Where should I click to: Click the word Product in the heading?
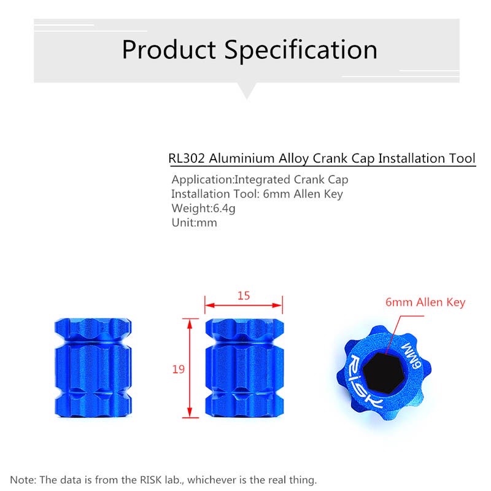(x=169, y=50)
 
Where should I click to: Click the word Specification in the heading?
(x=301, y=50)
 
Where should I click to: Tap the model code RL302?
(x=187, y=158)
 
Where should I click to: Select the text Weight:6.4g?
(x=203, y=208)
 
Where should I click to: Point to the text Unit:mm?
(x=194, y=223)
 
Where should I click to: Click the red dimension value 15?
(x=244, y=296)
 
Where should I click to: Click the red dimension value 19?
(x=179, y=369)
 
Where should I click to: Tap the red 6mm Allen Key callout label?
(x=425, y=302)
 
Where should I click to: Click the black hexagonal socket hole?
(x=384, y=373)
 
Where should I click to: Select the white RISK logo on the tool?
(x=363, y=382)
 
